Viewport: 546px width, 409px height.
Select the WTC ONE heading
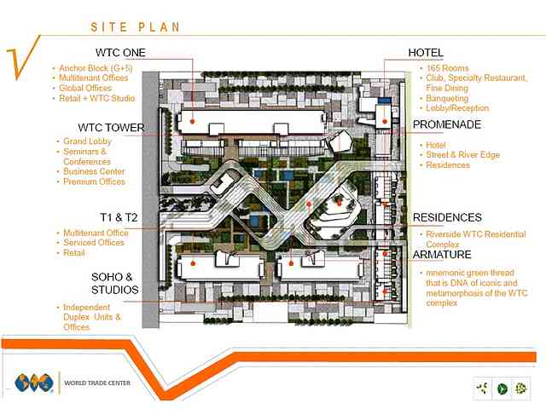click(119, 53)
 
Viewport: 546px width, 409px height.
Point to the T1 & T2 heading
click(119, 217)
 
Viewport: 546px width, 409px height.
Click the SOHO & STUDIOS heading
click(115, 284)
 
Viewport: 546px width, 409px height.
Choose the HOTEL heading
click(425, 53)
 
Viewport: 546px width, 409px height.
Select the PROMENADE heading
click(447, 125)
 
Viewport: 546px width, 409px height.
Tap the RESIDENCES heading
click(447, 217)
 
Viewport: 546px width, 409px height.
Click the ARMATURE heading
click(442, 255)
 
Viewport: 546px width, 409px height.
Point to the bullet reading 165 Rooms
click(446, 68)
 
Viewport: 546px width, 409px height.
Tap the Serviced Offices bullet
click(94, 243)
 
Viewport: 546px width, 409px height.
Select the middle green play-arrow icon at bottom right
click(502, 389)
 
